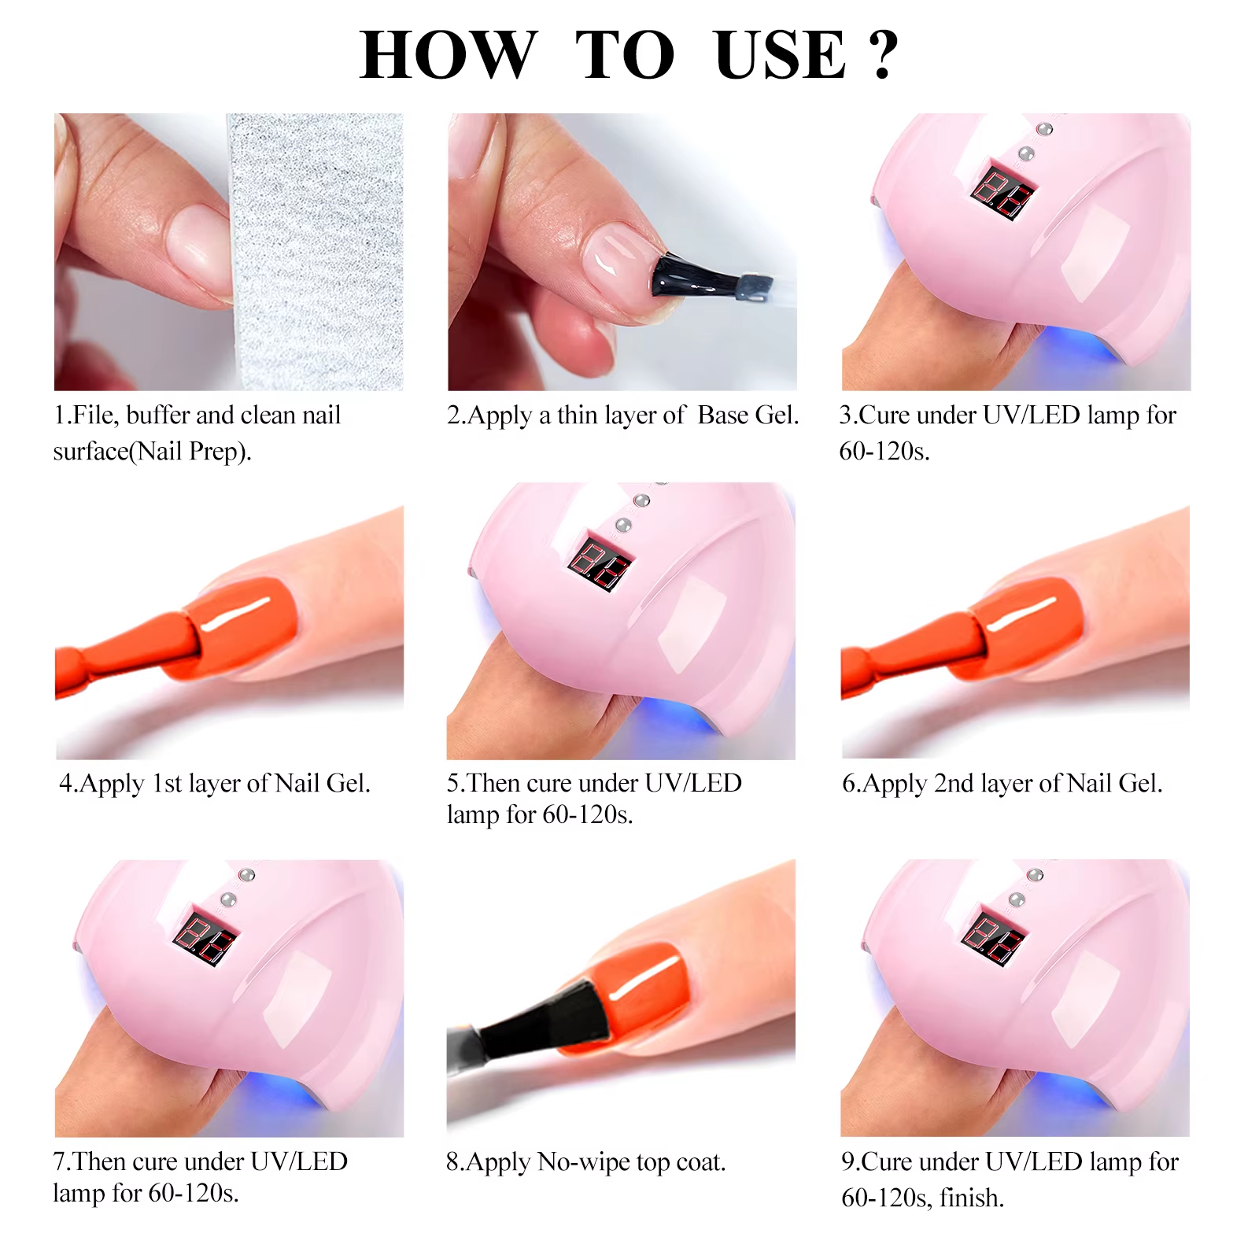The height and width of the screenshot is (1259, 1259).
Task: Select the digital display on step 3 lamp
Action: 1002,193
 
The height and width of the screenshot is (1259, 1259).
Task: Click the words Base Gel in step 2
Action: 748,415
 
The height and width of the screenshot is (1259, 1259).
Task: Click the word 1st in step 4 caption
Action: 167,784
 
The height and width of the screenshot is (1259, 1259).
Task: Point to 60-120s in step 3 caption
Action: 884,452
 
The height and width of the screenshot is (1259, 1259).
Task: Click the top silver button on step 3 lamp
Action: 1045,128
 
